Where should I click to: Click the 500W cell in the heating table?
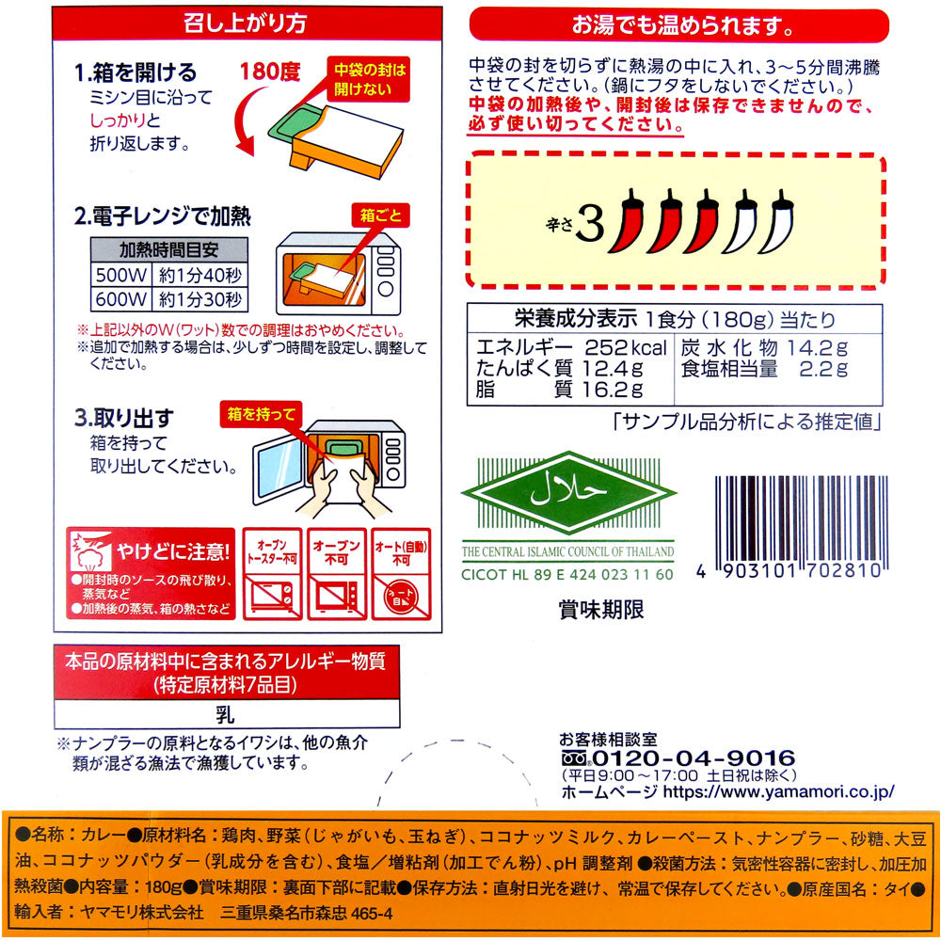pos(121,275)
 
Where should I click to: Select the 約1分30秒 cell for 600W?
pos(199,299)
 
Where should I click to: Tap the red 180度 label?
pos(269,72)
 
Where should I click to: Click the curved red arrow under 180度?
pos(248,121)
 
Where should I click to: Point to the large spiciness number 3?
pos(590,225)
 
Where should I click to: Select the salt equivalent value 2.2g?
pos(823,369)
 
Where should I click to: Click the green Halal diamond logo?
pos(568,493)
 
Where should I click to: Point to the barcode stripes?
pos(801,519)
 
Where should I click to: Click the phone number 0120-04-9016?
pos(694,758)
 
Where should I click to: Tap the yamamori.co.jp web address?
pos(778,791)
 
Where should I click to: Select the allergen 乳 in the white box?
pos(226,714)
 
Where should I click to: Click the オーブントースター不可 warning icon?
pos(273,574)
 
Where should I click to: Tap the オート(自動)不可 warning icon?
pos(401,574)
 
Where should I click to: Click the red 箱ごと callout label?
pos(380,215)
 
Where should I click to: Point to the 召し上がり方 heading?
pos(245,24)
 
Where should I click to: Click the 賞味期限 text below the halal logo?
pos(600,610)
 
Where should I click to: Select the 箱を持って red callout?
pos(261,414)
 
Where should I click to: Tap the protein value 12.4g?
pos(613,368)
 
